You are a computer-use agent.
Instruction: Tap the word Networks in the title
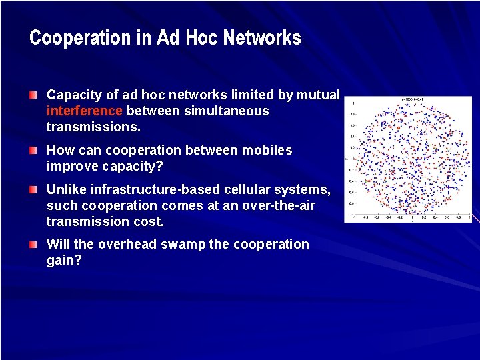tap(262, 38)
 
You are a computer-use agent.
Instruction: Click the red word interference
tap(85, 111)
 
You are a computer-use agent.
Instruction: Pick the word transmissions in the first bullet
tap(93, 126)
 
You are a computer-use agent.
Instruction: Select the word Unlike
tap(65, 190)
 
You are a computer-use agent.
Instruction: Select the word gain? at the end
tap(64, 259)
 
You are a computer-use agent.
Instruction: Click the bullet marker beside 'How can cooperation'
tap(33, 151)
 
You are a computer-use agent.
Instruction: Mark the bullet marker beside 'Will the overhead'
tap(33, 245)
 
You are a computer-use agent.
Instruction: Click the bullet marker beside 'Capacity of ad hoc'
tap(33, 96)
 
